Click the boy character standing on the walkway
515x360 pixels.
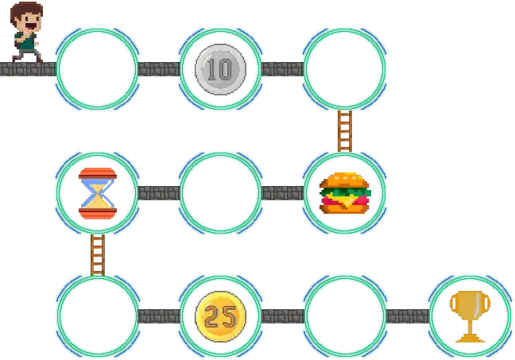click(x=27, y=30)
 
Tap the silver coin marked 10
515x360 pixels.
click(x=220, y=70)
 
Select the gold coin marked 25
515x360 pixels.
click(x=220, y=316)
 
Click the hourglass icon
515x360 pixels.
click(x=97, y=192)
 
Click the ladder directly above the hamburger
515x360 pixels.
click(x=345, y=130)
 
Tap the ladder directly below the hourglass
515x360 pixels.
click(x=97, y=254)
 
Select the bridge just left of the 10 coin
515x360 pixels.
click(x=159, y=68)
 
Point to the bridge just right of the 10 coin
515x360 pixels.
click(x=282, y=68)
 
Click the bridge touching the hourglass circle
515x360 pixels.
click(x=159, y=193)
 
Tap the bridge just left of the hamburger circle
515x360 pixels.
click(x=282, y=193)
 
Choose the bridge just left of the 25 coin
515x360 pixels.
click(x=159, y=316)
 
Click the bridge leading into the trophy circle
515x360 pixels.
click(x=407, y=316)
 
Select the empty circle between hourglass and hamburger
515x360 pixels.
click(x=220, y=193)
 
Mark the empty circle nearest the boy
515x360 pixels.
click(x=97, y=68)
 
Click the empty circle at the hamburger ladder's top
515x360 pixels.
click(x=345, y=68)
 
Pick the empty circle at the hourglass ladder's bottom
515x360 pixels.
click(x=97, y=316)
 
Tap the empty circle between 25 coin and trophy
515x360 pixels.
click(x=345, y=316)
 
